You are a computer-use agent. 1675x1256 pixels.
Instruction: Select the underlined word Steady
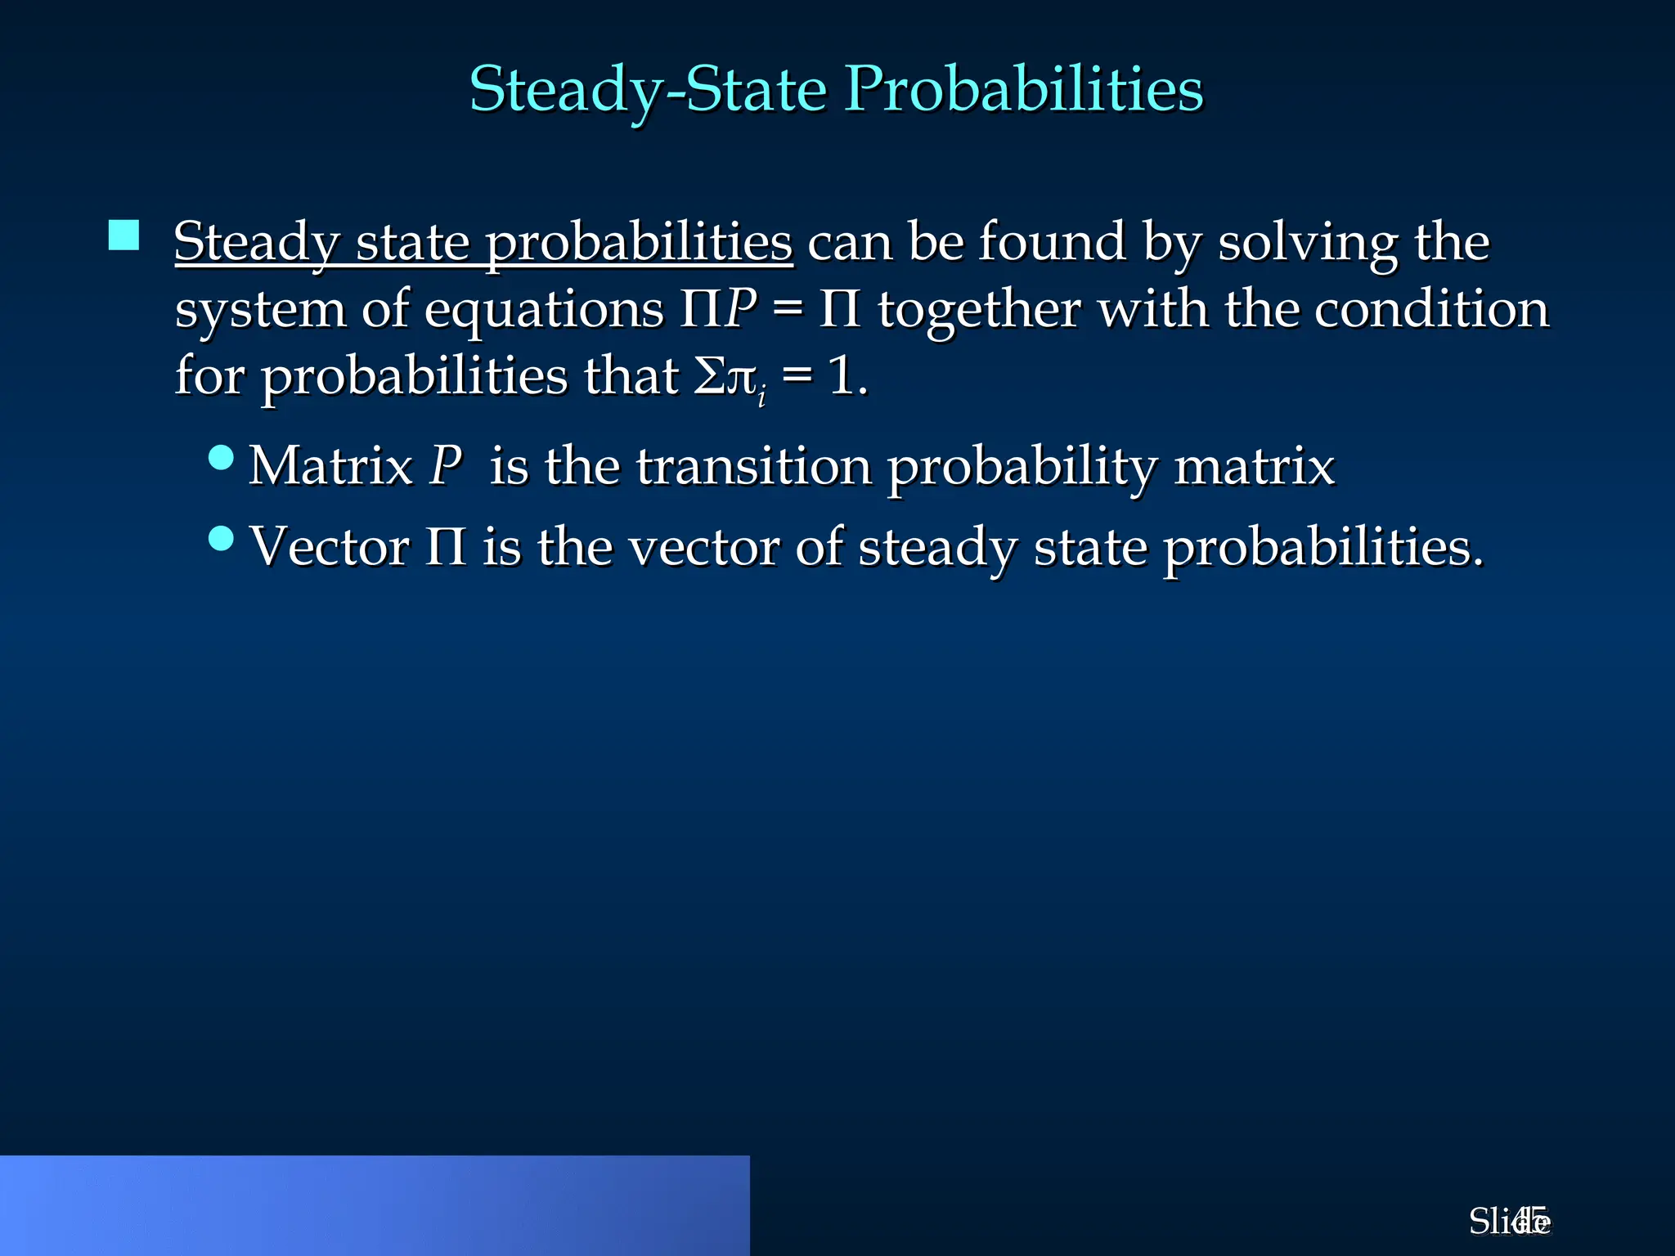[256, 243]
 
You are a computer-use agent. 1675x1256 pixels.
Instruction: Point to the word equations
[544, 311]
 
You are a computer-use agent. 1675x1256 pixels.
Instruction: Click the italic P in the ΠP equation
[740, 309]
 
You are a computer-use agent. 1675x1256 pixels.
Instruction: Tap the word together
[979, 311]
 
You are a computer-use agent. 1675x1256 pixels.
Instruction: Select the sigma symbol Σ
[708, 377]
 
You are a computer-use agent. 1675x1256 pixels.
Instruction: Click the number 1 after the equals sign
[840, 377]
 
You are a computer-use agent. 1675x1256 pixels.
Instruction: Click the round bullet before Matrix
[221, 457]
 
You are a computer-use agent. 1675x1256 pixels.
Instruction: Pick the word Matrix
[330, 467]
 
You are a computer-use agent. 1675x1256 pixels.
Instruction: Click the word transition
[753, 467]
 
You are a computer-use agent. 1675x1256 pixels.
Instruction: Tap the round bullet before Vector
[221, 538]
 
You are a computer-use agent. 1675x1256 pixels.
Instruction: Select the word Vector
[329, 547]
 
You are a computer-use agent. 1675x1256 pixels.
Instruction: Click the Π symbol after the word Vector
[446, 547]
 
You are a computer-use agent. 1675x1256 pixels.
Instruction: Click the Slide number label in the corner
[1509, 1222]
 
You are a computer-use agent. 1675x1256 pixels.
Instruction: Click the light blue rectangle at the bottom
[375, 1205]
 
